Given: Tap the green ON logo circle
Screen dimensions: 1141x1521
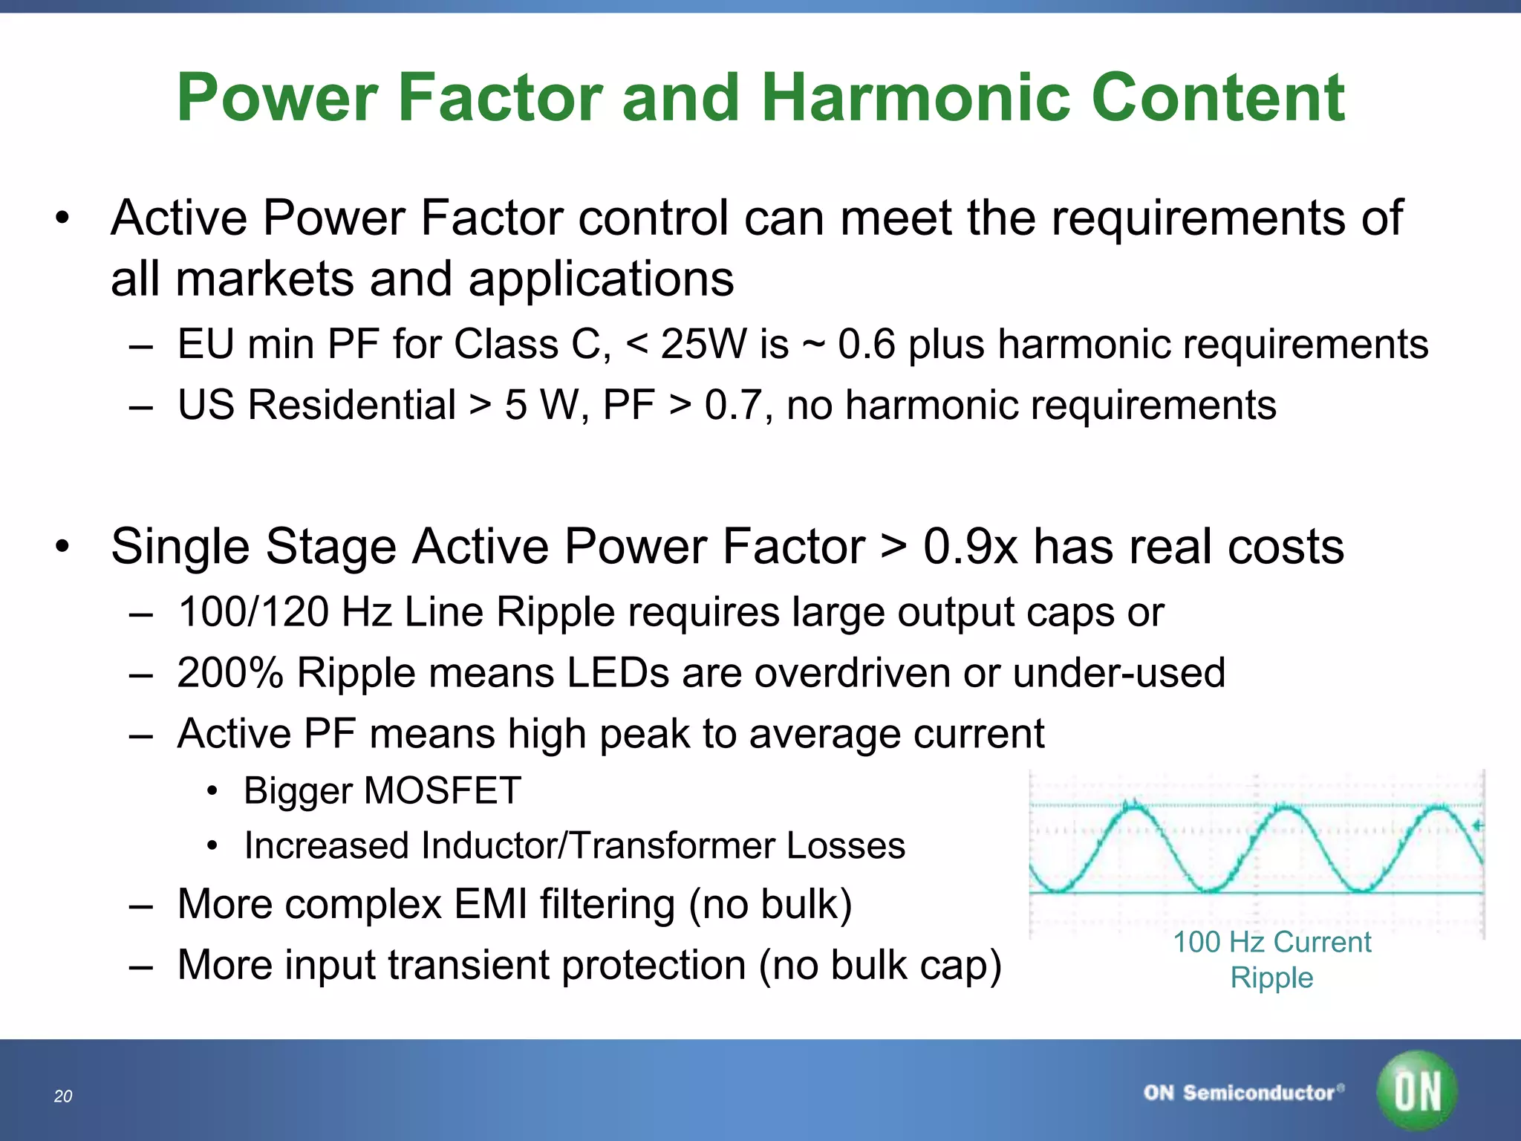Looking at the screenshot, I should (1417, 1090).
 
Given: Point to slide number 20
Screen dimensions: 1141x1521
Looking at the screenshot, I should (63, 1096).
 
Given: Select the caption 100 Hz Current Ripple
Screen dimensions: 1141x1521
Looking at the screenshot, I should (1271, 960).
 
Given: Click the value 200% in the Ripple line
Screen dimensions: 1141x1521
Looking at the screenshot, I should (230, 673).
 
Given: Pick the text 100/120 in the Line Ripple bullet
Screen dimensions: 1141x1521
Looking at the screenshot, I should (254, 612).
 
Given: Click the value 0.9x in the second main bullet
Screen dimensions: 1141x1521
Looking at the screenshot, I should (969, 547).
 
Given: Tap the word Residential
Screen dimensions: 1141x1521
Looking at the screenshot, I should (351, 406).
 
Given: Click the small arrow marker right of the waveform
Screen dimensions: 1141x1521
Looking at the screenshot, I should (1476, 826).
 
